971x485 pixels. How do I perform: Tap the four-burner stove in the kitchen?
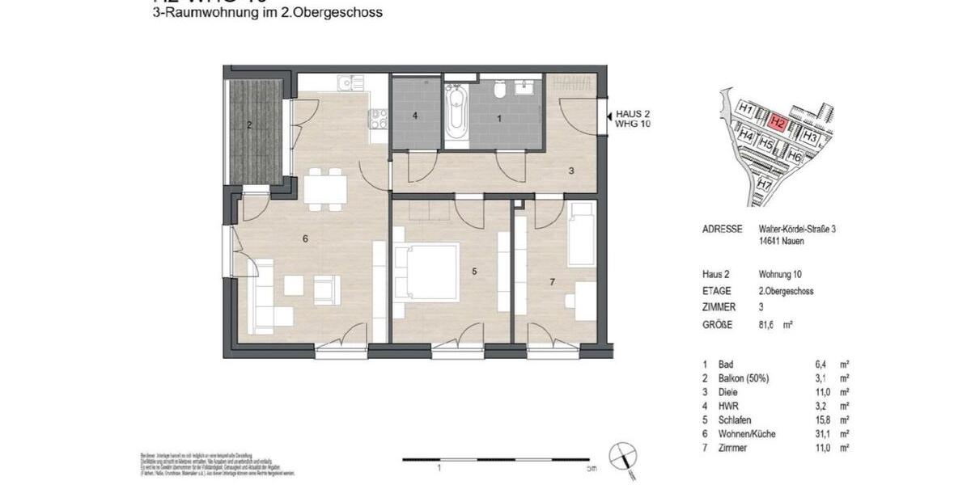378,120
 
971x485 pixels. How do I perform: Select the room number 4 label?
415,116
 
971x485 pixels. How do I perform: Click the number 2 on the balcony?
249,124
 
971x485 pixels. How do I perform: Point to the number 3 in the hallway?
570,171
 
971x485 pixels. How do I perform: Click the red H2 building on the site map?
778,123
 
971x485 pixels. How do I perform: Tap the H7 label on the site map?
764,184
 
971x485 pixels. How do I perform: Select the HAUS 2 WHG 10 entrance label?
633,120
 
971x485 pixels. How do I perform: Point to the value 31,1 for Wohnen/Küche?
817,434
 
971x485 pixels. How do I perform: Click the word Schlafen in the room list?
735,420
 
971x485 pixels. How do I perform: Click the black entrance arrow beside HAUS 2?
608,120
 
